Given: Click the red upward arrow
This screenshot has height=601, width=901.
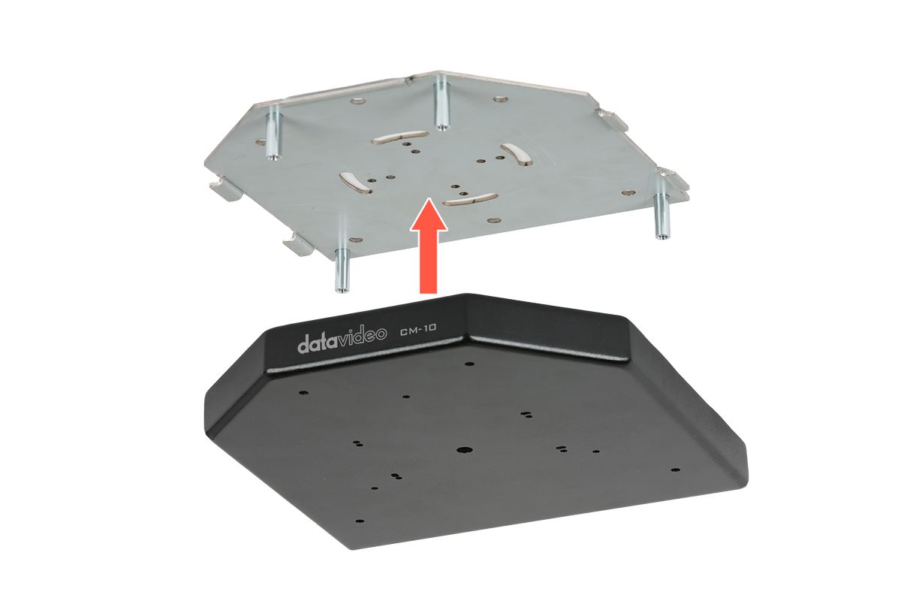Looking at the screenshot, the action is click(429, 246).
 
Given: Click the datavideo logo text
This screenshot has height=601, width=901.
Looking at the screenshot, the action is click(342, 341).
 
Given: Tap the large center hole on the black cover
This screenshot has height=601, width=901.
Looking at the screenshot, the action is click(465, 450).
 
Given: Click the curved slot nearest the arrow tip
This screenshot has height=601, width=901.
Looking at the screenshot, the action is click(471, 199).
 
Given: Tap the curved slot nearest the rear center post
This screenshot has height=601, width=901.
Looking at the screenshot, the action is click(399, 137).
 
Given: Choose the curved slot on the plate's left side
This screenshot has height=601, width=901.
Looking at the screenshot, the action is click(355, 183).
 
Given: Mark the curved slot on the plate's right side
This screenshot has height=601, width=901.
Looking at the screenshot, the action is click(516, 154).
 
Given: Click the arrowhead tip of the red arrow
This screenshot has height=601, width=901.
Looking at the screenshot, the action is click(429, 198).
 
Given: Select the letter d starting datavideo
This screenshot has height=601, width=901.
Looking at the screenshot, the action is click(303, 345).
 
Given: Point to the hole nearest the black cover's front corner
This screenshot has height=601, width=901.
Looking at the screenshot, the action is click(360, 521).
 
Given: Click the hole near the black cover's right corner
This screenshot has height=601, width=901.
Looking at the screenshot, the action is click(677, 470).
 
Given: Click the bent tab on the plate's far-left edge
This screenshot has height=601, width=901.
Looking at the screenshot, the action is click(224, 189).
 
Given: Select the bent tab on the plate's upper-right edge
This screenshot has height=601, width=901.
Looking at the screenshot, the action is click(610, 120).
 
